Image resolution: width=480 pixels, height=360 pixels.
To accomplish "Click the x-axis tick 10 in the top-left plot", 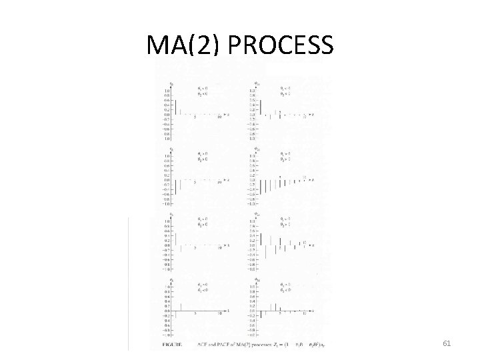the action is coord(220,117).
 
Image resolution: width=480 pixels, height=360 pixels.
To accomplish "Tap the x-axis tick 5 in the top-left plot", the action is coord(195,117).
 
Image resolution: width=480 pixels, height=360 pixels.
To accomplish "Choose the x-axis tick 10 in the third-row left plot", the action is coord(220,247).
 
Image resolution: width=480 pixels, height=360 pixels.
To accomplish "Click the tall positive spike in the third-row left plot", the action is coord(175,234).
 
